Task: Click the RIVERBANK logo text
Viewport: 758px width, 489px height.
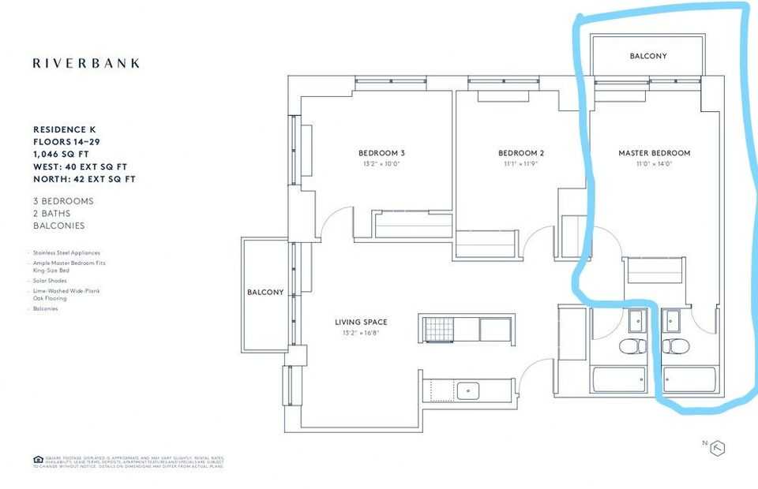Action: [x=86, y=63]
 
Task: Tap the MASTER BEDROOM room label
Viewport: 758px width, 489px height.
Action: [x=654, y=153]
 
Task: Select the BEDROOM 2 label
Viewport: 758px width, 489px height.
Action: [x=521, y=153]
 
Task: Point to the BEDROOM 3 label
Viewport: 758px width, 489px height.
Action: [x=381, y=153]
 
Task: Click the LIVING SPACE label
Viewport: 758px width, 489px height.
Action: [x=361, y=322]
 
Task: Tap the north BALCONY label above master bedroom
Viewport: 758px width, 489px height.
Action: [x=647, y=57]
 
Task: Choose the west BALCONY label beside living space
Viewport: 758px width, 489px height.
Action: [x=265, y=293]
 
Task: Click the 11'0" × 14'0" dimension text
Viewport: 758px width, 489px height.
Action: [x=654, y=164]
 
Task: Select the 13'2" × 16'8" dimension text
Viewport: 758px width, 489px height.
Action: [x=361, y=333]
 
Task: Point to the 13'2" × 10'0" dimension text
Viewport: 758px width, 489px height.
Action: [x=381, y=164]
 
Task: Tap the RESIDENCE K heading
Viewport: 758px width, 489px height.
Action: [x=67, y=129]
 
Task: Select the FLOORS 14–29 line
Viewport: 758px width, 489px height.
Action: [x=67, y=141]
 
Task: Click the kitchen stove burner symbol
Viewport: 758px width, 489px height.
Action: [x=436, y=330]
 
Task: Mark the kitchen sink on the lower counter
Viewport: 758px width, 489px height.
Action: [x=467, y=389]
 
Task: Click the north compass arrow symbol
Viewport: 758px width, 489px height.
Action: [x=718, y=447]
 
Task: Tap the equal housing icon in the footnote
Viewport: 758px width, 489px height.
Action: [x=38, y=459]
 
